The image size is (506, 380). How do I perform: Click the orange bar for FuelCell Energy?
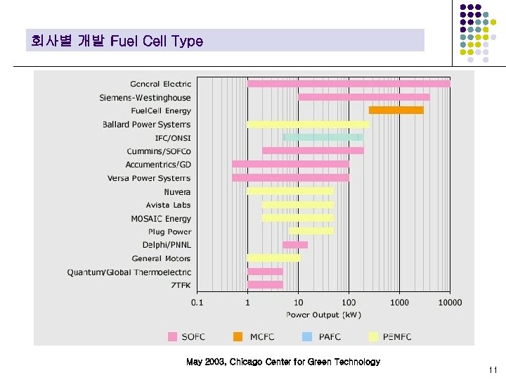click(396, 110)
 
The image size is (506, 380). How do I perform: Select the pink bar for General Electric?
click(349, 84)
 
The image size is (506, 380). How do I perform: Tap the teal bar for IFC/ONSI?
click(323, 137)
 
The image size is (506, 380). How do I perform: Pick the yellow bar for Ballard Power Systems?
click(308, 124)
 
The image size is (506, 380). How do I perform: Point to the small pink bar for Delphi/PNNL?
click(295, 245)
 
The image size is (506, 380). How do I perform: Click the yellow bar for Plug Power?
click(311, 232)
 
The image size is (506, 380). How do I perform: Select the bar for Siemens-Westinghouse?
click(363, 97)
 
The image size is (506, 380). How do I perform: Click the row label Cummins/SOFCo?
click(159, 151)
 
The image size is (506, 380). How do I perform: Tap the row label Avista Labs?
click(168, 205)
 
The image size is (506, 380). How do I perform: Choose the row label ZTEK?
click(181, 285)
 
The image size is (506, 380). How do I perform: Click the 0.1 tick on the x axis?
click(197, 303)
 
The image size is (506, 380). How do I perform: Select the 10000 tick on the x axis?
click(450, 303)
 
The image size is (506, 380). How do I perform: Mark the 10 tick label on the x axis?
click(299, 303)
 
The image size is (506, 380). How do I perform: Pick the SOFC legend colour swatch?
click(172, 336)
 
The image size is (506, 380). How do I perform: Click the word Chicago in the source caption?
click(249, 362)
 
